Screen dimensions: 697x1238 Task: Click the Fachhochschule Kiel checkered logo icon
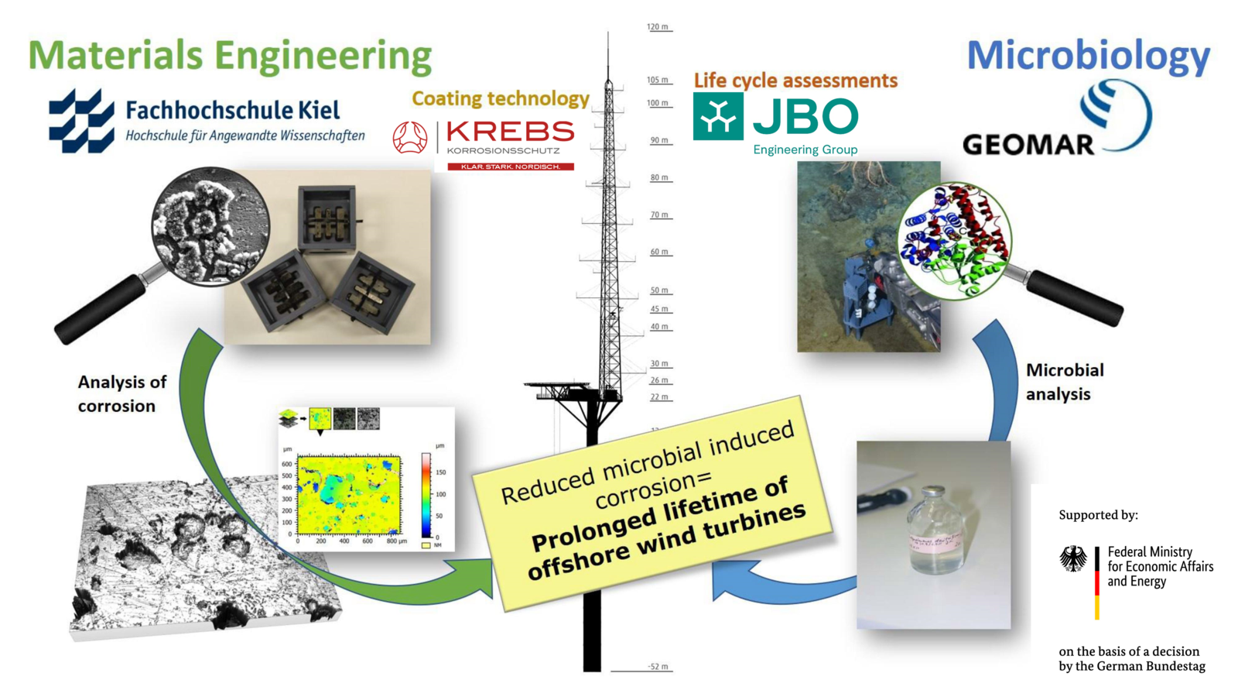80,121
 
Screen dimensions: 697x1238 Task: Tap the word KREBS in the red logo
510,132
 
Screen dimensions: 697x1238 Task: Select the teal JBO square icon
717,117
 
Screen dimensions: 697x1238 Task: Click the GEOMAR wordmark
1028,144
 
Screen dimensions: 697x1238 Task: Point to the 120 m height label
658,27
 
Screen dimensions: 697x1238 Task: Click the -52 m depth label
658,667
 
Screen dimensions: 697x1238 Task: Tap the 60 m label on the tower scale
659,252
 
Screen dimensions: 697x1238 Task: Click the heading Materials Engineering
230,56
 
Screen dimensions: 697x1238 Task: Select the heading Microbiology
1088,56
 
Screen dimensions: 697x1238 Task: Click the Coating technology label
500,98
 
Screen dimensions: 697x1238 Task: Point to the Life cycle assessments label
795,81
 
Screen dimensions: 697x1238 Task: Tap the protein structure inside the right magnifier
955,239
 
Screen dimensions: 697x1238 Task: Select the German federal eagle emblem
1072,558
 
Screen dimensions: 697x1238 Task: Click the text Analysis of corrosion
121,393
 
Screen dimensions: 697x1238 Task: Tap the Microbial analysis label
1064,382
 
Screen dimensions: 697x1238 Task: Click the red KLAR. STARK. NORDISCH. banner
511,167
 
